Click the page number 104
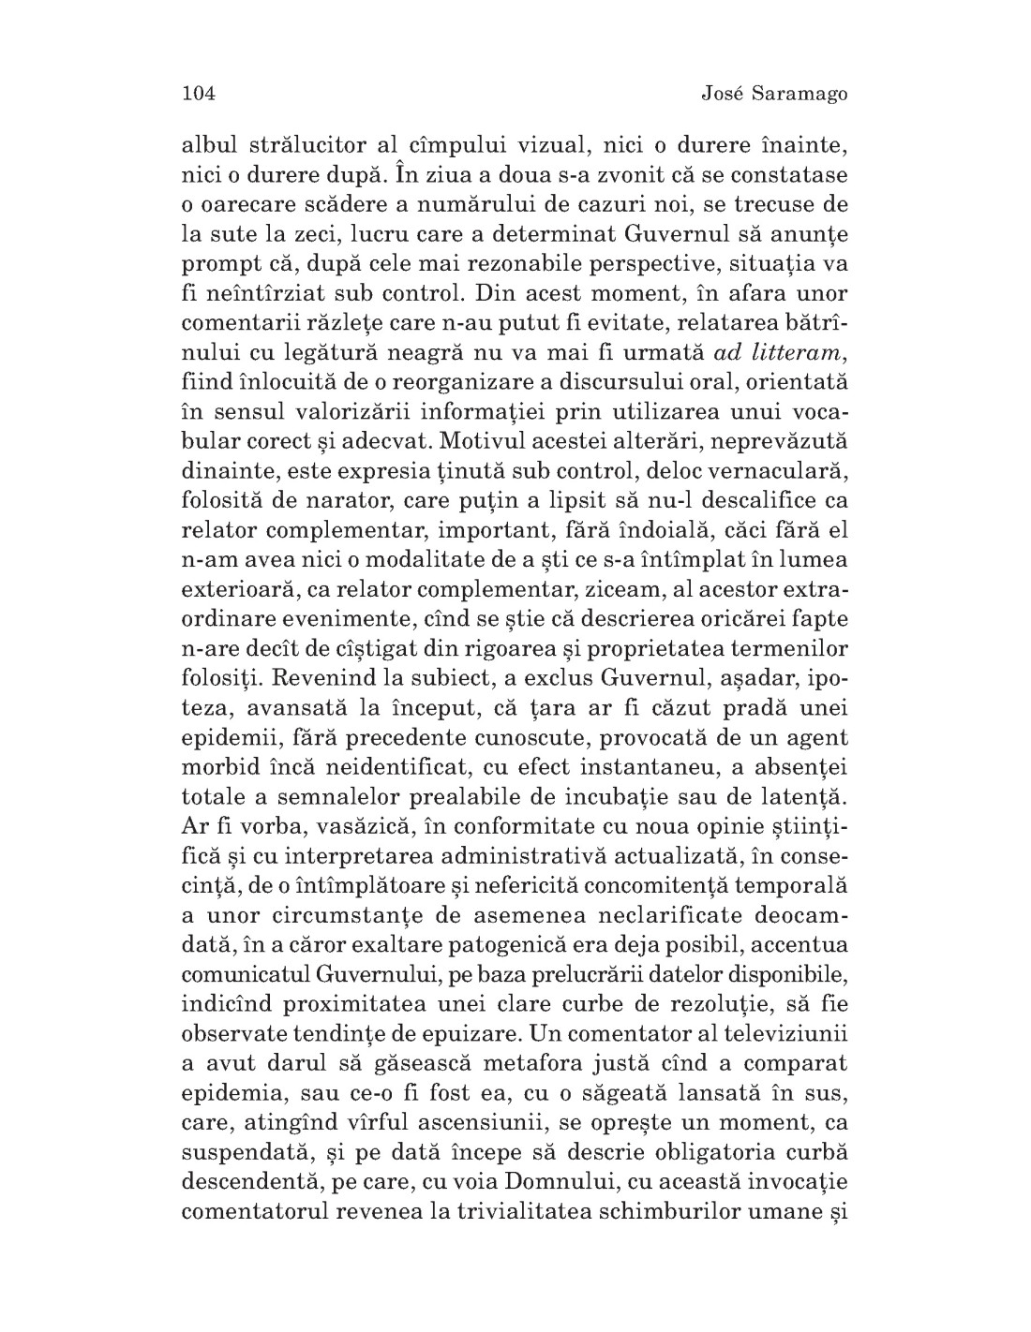(198, 93)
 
